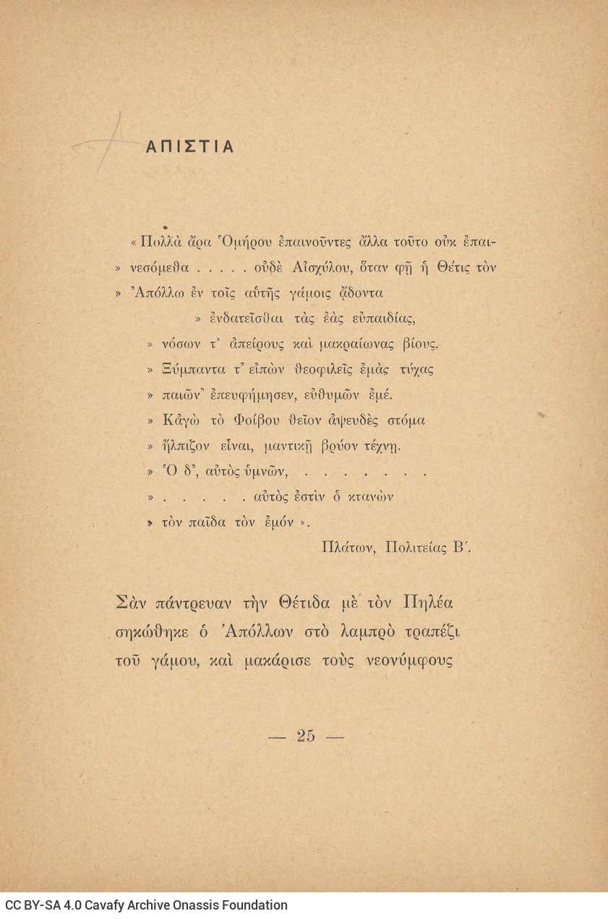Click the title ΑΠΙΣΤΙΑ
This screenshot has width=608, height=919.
189,147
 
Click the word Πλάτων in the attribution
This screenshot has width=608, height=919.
348,547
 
